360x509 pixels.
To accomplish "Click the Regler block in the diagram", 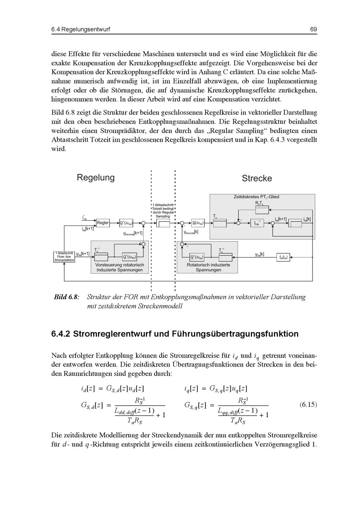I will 103,223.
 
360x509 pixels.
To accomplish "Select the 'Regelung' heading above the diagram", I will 96,177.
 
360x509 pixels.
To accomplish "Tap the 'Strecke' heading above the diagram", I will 257,178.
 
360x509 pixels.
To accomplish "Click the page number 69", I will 314,29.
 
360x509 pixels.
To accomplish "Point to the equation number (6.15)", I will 308,404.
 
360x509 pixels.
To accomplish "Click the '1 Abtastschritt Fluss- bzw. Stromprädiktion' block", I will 64,256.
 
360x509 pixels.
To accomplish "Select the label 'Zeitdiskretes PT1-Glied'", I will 256,197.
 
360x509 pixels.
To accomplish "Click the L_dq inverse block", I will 257,223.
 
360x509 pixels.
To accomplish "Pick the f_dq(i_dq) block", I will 284,257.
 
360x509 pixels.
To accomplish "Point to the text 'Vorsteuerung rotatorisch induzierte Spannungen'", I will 120,267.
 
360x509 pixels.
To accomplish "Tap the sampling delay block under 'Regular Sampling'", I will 163,223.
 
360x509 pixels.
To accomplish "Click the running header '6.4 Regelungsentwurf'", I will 81,29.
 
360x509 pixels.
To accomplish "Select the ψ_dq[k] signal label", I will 259,254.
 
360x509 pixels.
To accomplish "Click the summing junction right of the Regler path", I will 143,223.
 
